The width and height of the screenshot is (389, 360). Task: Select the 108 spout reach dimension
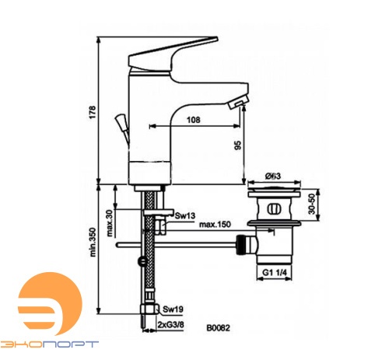(x=194, y=120)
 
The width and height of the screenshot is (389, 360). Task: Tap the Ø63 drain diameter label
(x=273, y=176)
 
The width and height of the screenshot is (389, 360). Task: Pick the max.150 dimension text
(x=216, y=225)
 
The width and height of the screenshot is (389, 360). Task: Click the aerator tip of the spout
(x=240, y=106)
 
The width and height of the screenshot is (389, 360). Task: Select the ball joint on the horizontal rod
(x=140, y=260)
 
